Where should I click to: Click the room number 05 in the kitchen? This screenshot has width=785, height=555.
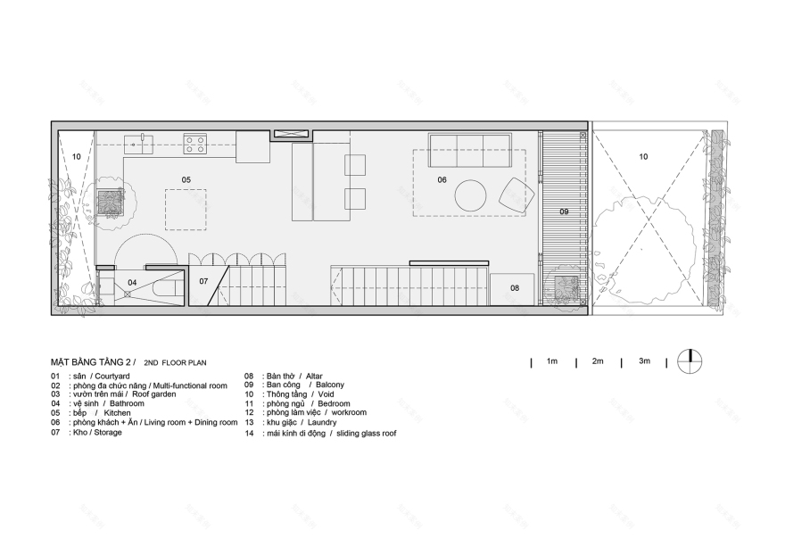pos(186,179)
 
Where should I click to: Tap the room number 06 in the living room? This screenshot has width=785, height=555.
pos(442,179)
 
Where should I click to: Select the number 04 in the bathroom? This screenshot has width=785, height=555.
pos(131,282)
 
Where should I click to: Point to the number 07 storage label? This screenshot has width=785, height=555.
pos(203,282)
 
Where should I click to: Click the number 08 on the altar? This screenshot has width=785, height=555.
pos(515,287)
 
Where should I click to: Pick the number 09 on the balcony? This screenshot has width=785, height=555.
pos(564,211)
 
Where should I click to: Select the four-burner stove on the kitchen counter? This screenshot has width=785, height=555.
pos(195,143)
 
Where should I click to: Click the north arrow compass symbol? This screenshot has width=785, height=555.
pos(689,360)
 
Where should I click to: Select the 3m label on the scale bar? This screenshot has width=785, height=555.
pos(644,360)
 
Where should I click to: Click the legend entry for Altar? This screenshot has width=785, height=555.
pos(285,376)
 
